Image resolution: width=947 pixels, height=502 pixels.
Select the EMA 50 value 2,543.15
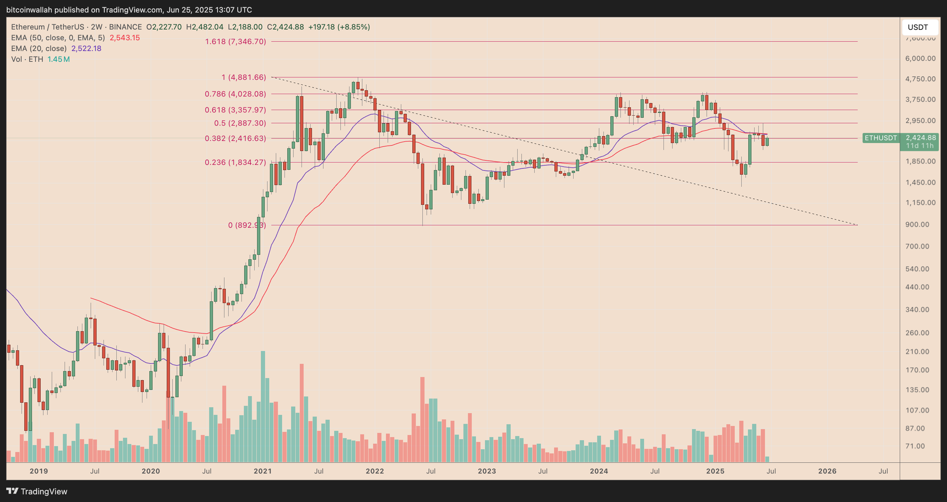125,38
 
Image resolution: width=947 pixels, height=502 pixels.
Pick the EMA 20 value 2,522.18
86,49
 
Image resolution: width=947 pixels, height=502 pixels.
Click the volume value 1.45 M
58,59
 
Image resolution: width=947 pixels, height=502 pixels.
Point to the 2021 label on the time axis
263,471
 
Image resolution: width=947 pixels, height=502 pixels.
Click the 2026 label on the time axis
827,471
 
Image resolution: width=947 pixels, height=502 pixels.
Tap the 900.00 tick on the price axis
917,225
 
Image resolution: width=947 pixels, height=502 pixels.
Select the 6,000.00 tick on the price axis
920,58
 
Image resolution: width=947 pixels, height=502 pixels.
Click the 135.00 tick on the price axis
917,390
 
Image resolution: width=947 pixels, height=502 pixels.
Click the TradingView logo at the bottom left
37,491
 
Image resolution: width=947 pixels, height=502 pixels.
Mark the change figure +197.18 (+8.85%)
339,27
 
